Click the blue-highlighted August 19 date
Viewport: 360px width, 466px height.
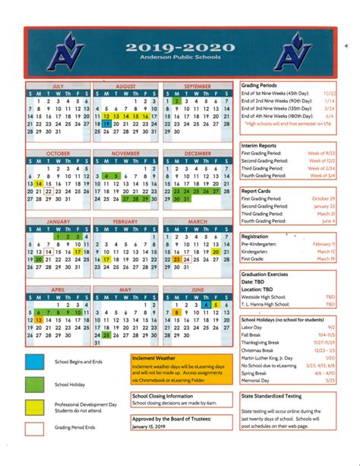(106, 123)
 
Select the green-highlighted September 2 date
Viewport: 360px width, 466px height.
(175, 101)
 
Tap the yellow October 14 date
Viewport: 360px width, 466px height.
(39, 183)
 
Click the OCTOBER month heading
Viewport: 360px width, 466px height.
(58, 154)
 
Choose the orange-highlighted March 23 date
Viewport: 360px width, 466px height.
(175, 259)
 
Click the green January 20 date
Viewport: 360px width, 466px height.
(39, 259)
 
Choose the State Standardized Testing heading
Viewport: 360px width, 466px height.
(271, 396)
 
